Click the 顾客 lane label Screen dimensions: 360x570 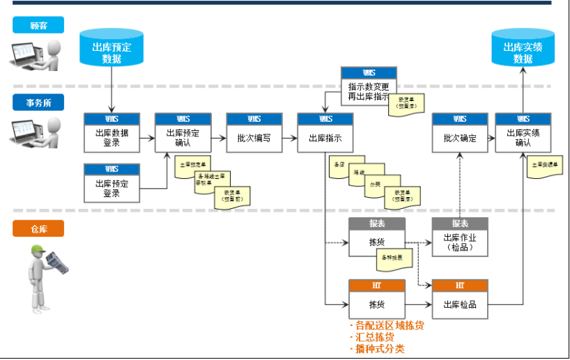click(x=38, y=26)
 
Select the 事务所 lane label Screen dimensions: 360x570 click(x=38, y=102)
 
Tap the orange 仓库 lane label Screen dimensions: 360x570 click(x=38, y=229)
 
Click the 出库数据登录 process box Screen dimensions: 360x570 click(x=111, y=133)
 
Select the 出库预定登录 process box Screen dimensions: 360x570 click(x=111, y=184)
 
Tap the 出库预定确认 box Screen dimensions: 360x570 click(x=183, y=133)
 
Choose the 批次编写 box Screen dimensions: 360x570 click(x=254, y=133)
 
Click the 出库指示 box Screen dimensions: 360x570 click(x=325, y=133)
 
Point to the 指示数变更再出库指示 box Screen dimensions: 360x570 click(x=369, y=86)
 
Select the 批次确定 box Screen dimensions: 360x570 click(x=460, y=133)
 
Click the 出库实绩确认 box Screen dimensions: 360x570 click(x=523, y=133)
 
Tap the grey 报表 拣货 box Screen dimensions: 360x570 click(x=376, y=237)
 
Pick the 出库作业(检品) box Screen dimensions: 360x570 click(x=460, y=237)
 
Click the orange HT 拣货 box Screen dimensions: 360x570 click(x=376, y=299)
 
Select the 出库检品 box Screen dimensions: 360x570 click(x=460, y=299)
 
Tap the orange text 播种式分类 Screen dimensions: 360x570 click(x=379, y=349)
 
